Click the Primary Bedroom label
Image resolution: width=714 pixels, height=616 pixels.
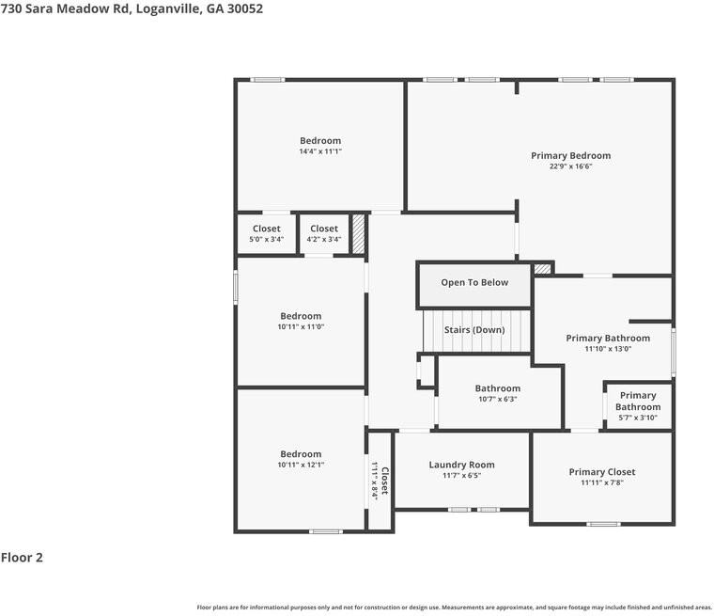[570, 155]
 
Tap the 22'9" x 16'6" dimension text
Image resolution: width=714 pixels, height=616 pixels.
[570, 166]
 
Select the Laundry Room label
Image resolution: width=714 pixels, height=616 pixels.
[461, 465]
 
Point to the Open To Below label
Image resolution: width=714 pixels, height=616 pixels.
[474, 282]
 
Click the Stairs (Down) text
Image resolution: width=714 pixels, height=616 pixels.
[474, 330]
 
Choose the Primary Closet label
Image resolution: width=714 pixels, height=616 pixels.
[602, 472]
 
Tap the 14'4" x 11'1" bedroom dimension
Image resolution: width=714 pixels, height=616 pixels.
[320, 151]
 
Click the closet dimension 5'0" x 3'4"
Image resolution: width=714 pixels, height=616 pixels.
[267, 240]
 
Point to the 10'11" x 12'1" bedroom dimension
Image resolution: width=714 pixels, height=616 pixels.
[301, 466]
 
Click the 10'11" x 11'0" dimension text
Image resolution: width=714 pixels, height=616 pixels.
[301, 327]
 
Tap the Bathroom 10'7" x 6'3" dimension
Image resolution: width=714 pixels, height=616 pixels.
[498, 400]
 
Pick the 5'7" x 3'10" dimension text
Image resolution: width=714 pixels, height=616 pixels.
[638, 418]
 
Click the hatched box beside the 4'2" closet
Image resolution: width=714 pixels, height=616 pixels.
[359, 234]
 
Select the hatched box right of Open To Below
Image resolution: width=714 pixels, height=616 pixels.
[542, 269]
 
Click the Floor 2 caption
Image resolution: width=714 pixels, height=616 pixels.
[22, 557]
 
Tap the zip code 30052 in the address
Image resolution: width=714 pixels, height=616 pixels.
[245, 8]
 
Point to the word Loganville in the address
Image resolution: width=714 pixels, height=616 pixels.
[168, 8]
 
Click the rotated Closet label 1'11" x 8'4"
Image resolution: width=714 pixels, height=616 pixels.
[380, 481]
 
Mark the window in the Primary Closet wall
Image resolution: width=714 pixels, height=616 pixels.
[603, 524]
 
